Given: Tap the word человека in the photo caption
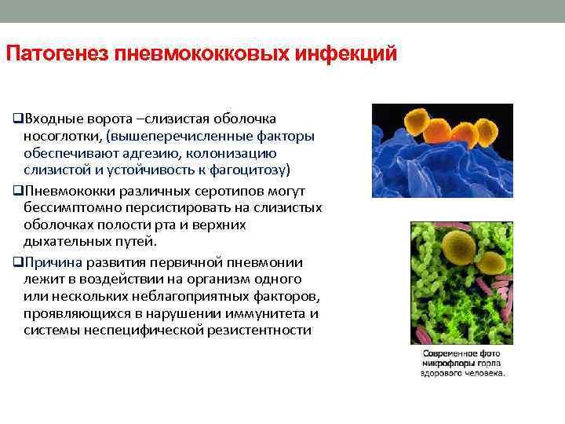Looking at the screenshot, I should [486, 373].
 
